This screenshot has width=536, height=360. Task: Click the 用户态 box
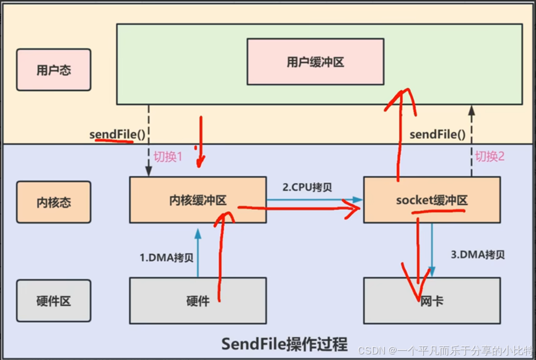tap(54, 70)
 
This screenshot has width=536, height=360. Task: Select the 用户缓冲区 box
tap(315, 62)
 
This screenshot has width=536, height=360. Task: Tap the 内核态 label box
tap(54, 203)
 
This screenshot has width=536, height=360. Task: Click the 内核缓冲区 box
tap(198, 200)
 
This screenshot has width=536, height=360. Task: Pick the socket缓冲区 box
tap(432, 200)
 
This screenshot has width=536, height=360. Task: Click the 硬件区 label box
tap(54, 301)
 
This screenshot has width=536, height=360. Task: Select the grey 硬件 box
tap(198, 301)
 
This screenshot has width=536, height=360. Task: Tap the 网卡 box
tap(432, 301)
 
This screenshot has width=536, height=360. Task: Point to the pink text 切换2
tap(490, 156)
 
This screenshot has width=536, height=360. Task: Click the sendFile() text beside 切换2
tap(437, 134)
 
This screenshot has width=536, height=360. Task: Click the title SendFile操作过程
tap(284, 343)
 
